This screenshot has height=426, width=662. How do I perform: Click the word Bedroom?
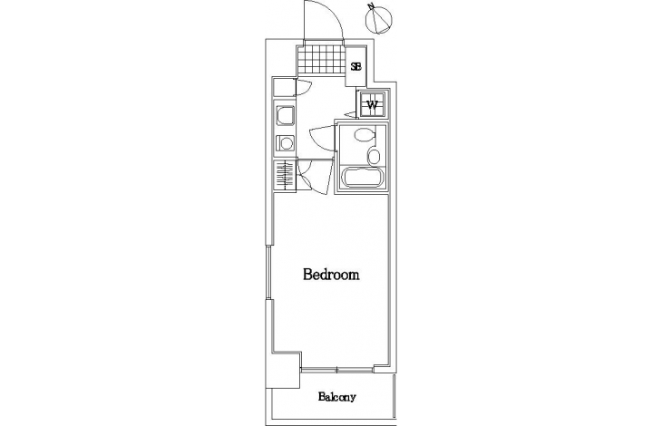pyautogui.click(x=331, y=275)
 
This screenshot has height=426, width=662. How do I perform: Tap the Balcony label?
pyautogui.click(x=337, y=397)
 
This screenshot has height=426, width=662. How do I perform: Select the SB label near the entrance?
pyautogui.click(x=355, y=67)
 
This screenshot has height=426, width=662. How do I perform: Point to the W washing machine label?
pyautogui.click(x=372, y=104)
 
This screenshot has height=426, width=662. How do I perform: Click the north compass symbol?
pyautogui.click(x=379, y=18)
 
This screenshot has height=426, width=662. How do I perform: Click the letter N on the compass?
pyautogui.click(x=371, y=6)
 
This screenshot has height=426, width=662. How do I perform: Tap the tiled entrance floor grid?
pyautogui.click(x=321, y=59)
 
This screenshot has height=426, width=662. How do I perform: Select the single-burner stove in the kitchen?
pyautogui.click(x=285, y=143)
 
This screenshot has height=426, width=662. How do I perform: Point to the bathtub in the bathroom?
pyautogui.click(x=361, y=177)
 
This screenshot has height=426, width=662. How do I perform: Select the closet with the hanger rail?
pyautogui.click(x=285, y=176)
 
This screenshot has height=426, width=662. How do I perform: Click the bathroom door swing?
pyautogui.click(x=323, y=136)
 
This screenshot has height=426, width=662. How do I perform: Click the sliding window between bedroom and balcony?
pyautogui.click(x=337, y=371)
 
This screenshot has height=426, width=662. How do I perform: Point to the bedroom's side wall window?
pyautogui.click(x=268, y=273)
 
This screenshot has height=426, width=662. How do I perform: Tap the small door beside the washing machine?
pyautogui.click(x=351, y=114)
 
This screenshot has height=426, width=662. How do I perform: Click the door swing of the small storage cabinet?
pyautogui.click(x=303, y=88)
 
